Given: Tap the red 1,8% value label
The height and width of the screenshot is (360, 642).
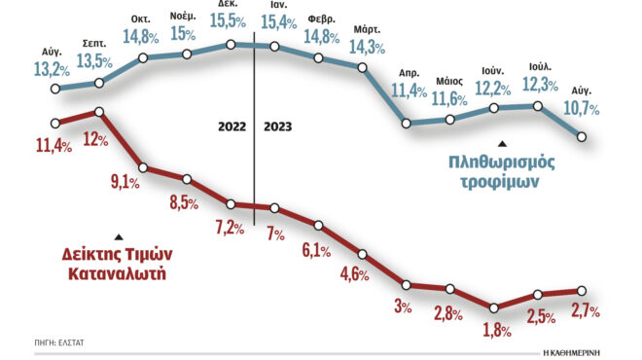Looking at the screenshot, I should tap(497, 330).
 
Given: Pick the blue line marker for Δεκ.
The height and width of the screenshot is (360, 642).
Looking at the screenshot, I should tap(231, 44).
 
